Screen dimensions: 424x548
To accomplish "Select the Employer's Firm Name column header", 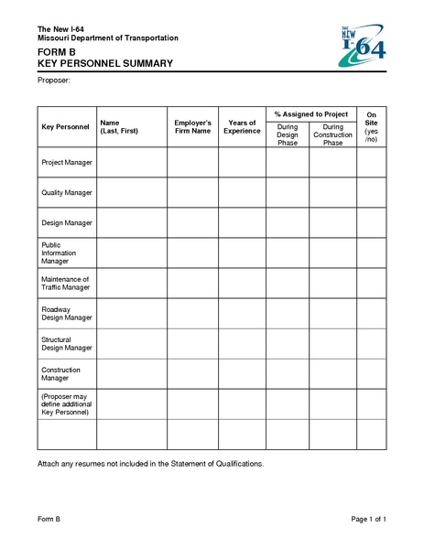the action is coord(192,127).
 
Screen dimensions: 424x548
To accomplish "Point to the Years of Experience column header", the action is coord(242,127).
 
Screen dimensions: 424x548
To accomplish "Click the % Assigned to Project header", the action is coord(310,113).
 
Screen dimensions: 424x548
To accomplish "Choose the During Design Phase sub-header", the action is coord(288,135).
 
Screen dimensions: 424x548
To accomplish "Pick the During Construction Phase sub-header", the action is coord(332,135).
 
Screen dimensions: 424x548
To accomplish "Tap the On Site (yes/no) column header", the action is coord(371,127).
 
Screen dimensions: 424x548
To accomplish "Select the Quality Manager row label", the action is coord(67,192).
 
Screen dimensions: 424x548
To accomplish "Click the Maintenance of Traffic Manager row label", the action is coord(65,283).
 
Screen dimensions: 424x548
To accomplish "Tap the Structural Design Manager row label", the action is coord(67,343).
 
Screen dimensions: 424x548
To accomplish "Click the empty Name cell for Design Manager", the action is coord(130,222).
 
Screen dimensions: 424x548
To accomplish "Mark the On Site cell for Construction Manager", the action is coord(371,373).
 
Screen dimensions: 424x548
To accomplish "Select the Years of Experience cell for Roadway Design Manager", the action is coord(242,313).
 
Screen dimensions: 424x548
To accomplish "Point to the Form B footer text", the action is coord(49,520).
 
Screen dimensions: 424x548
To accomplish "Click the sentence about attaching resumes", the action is coord(150,464).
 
